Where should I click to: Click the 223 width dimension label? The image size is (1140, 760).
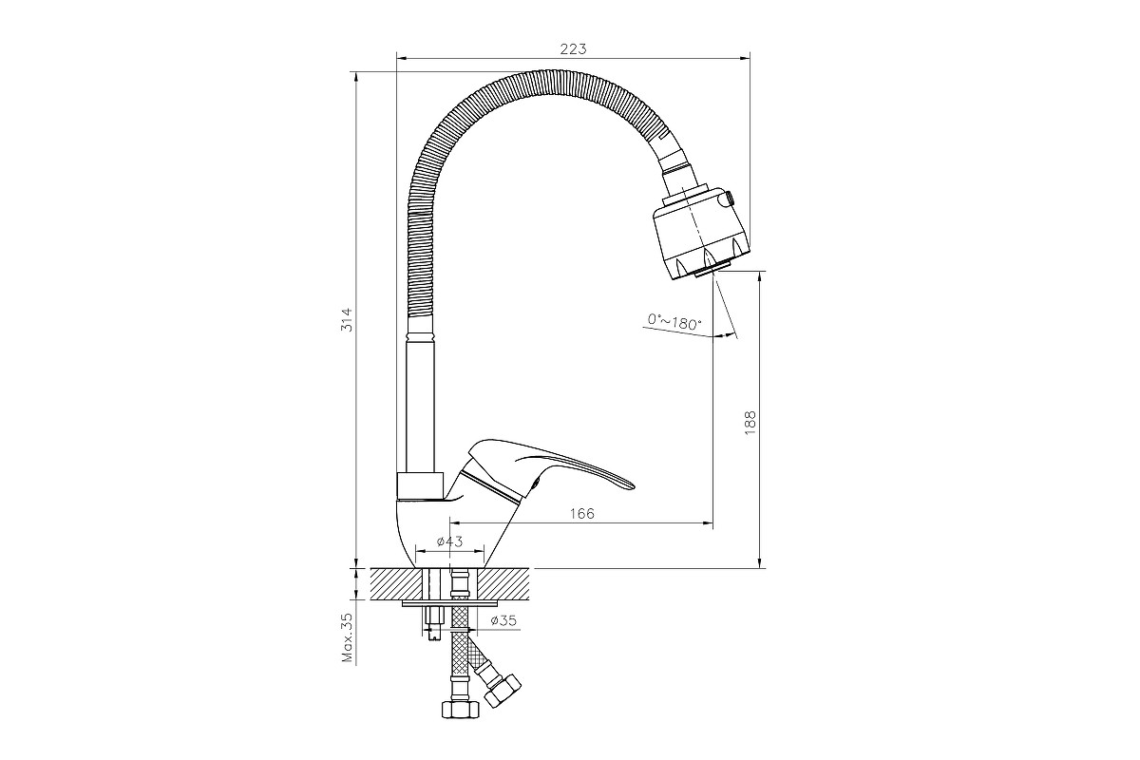coord(573,48)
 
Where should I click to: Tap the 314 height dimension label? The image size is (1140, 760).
coord(347,320)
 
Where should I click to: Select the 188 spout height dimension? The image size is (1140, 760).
coord(750,423)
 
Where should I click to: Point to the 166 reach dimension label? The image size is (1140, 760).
coord(581,514)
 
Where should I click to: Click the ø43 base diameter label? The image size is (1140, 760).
coord(450,541)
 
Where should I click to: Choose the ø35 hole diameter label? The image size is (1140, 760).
coord(503,620)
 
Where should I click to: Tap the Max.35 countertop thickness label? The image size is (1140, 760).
coord(348,637)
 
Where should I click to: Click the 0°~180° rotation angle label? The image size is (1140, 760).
coord(674,322)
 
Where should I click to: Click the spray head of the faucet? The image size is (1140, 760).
coord(702,233)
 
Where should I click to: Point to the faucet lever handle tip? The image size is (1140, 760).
coord(633,486)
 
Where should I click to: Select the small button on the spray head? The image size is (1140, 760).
coord(730,198)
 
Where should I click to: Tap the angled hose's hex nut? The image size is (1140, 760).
coord(503,690)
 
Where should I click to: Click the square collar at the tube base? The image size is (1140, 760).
coord(420,485)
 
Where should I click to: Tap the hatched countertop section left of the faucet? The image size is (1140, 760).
coord(396,584)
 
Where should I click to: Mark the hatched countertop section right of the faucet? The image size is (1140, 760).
coord(503,584)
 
